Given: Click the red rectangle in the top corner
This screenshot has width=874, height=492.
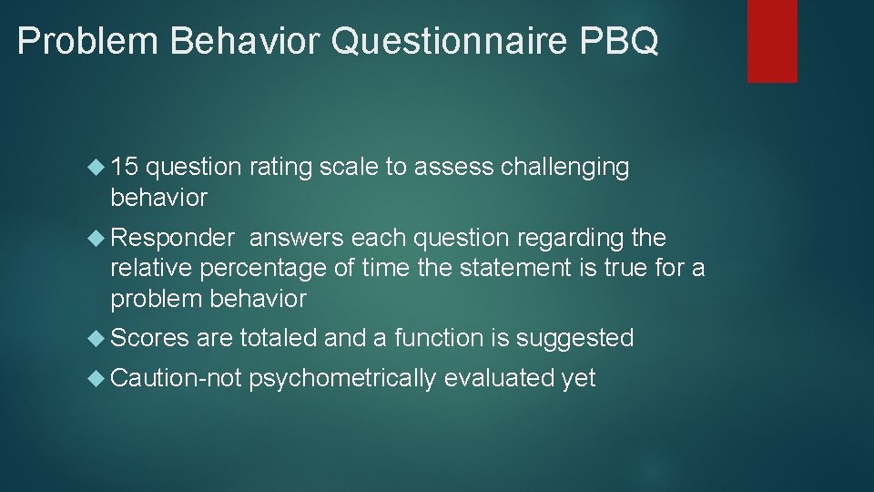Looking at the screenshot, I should click(x=772, y=41).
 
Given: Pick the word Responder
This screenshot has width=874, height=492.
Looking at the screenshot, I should click(x=172, y=239).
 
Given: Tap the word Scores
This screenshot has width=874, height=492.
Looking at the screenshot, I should click(x=149, y=338).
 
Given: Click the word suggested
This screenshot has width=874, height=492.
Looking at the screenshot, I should click(x=574, y=339).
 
